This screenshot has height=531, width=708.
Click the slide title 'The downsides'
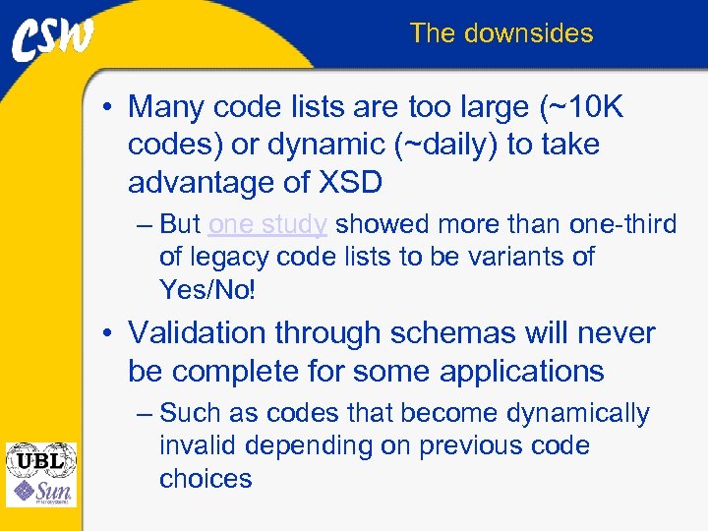[501, 33]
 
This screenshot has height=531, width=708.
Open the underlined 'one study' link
[267, 225]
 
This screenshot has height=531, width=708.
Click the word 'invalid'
[198, 446]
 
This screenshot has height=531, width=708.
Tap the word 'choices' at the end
[206, 479]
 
